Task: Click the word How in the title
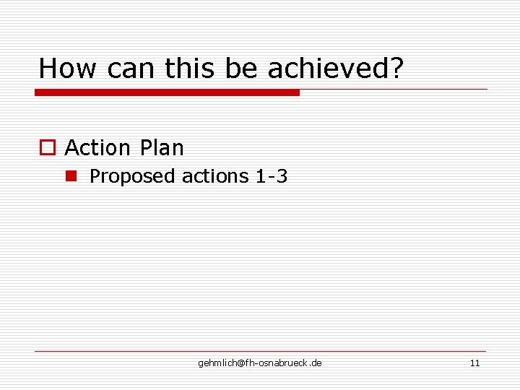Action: click(x=69, y=69)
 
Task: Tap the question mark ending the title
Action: click(x=396, y=69)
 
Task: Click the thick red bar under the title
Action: click(x=167, y=92)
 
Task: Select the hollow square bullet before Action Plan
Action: click(x=47, y=148)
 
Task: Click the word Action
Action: click(x=97, y=148)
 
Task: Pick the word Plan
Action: click(x=162, y=148)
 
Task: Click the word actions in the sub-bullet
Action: click(x=214, y=176)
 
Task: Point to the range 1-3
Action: click(x=272, y=176)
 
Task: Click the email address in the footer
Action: click(x=260, y=363)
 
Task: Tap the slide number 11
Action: click(x=474, y=363)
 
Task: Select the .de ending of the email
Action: click(x=316, y=363)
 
